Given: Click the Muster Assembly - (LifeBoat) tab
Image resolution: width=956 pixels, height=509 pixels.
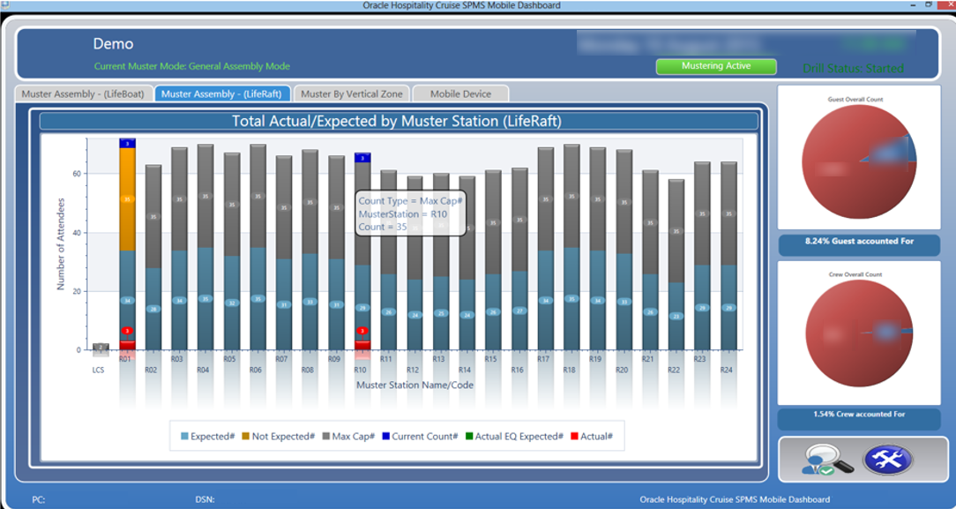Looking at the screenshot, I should point(83,94).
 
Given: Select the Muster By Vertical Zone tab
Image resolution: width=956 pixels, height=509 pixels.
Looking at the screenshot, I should point(351,94).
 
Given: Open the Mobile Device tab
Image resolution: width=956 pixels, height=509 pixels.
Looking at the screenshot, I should point(459,94).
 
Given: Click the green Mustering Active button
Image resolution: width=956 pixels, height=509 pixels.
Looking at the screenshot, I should point(715,66).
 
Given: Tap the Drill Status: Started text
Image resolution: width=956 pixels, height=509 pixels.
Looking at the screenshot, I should point(852,68).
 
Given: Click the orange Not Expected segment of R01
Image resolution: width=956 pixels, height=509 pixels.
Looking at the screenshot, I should point(128,198).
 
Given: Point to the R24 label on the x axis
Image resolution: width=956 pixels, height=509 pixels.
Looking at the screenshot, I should point(727,371).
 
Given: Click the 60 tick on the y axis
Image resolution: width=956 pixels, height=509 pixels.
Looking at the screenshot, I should point(78,174).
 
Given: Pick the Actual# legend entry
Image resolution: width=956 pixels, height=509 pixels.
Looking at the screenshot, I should point(592,436).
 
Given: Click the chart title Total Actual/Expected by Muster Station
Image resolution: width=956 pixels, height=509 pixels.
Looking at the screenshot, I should point(396,122).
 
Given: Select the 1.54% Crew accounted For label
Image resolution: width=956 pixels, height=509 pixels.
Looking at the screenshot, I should point(858,414).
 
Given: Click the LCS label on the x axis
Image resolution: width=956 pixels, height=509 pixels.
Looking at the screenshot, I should point(98,370).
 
